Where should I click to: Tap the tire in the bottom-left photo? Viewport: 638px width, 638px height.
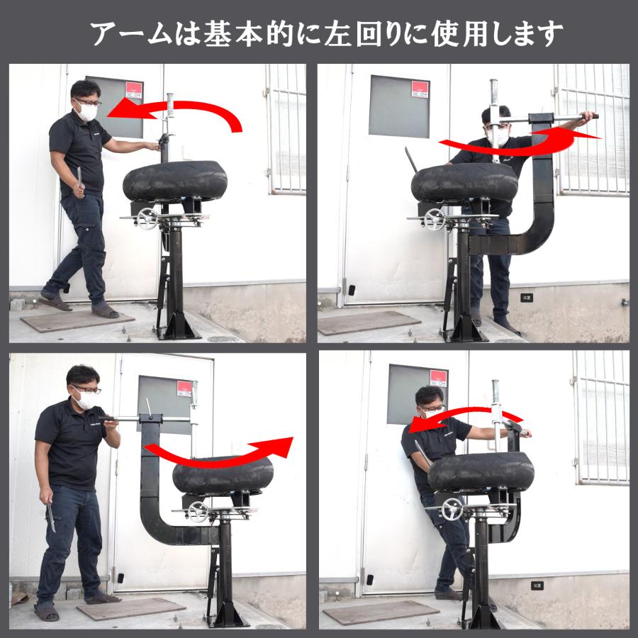[x=223, y=475]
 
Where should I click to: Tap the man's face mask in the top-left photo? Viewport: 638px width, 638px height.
[x=87, y=111]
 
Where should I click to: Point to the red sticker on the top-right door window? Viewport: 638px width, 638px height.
[x=420, y=89]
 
